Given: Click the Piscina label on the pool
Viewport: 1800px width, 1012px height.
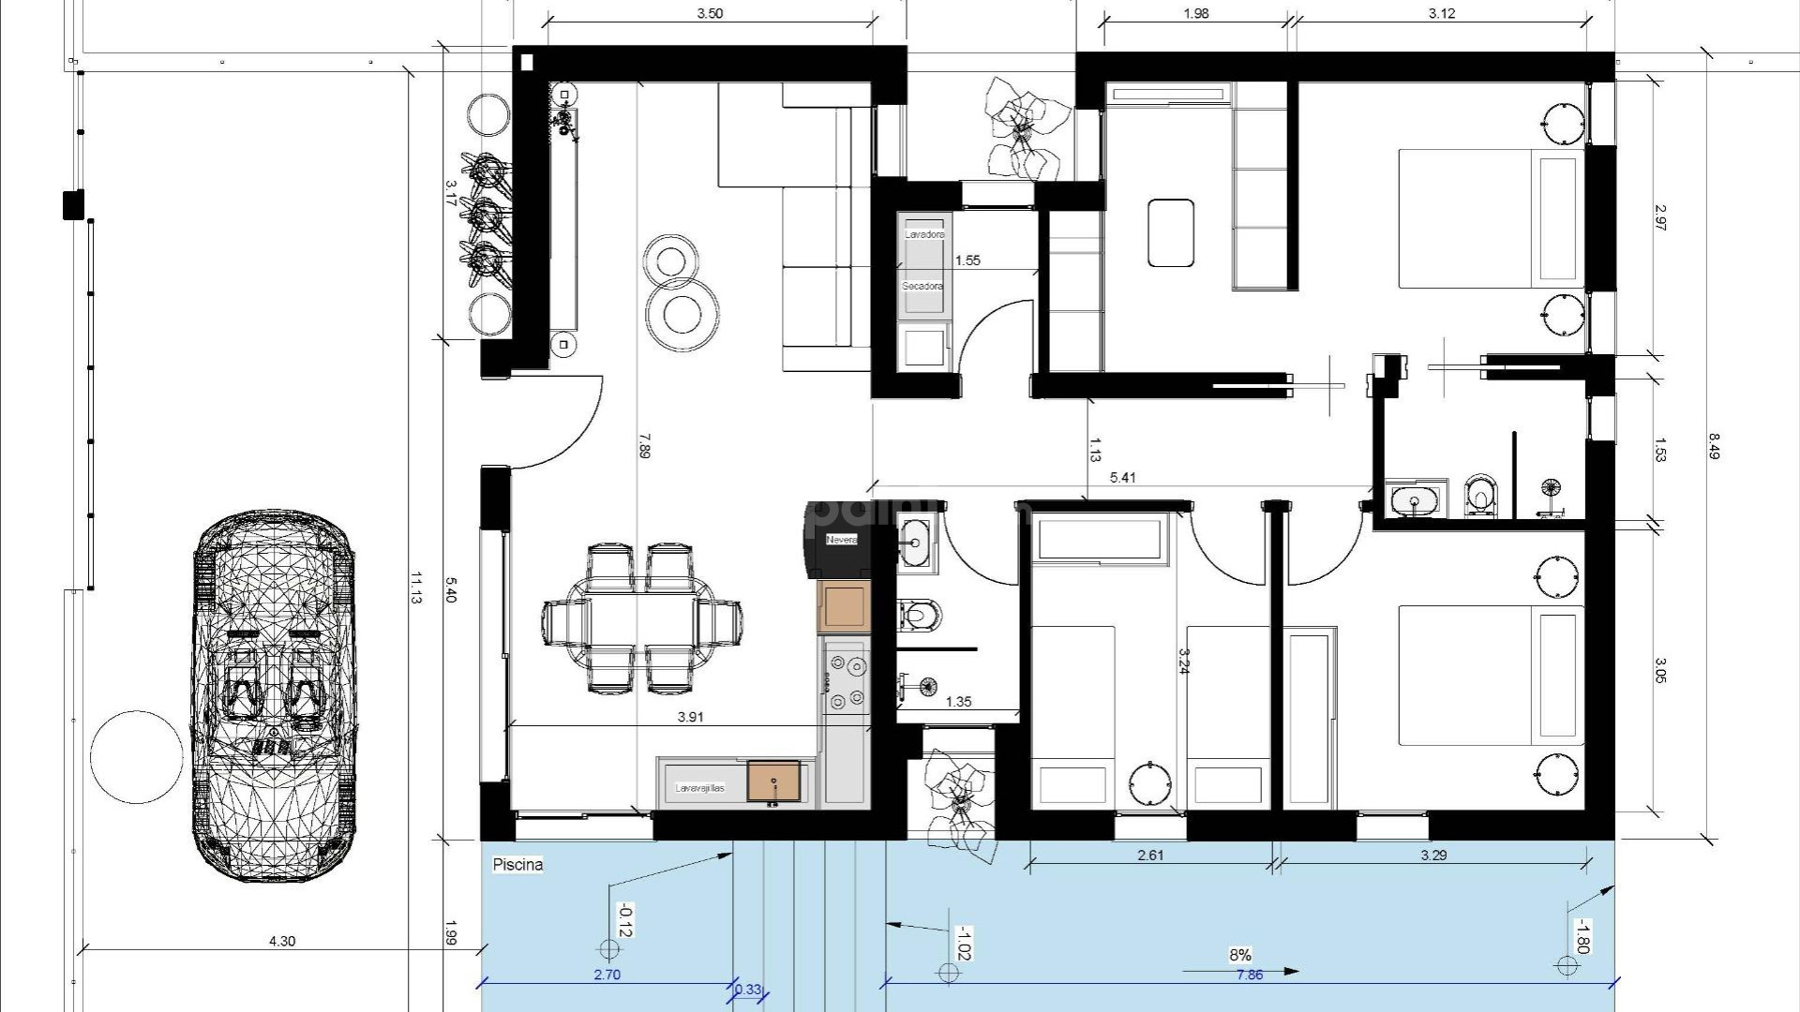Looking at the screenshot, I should tap(517, 865).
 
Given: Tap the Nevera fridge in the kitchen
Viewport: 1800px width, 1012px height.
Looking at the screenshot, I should tap(840, 540).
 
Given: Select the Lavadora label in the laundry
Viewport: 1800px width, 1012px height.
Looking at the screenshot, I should tap(924, 234).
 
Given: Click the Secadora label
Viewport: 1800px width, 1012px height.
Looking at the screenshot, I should tap(922, 286).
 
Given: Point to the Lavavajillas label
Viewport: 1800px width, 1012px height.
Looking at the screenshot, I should tap(700, 789).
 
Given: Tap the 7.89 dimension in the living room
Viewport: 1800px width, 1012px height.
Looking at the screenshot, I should tap(643, 445).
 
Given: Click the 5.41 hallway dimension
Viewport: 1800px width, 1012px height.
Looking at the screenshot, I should tap(1122, 478).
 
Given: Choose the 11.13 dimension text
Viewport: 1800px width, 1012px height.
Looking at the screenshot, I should tap(415, 588).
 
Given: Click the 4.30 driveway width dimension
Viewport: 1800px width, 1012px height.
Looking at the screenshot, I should tap(281, 941).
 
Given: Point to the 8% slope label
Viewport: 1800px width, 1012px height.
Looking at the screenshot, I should tap(1239, 955).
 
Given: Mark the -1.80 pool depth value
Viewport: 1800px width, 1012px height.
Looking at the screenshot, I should tap(1581, 935).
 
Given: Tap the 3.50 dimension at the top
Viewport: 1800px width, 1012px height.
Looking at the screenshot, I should tap(711, 13).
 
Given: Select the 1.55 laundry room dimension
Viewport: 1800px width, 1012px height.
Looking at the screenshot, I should tap(967, 260).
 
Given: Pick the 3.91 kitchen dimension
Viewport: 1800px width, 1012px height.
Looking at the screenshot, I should tap(690, 717).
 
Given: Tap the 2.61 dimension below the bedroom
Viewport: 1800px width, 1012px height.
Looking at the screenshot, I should tap(1149, 855).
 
